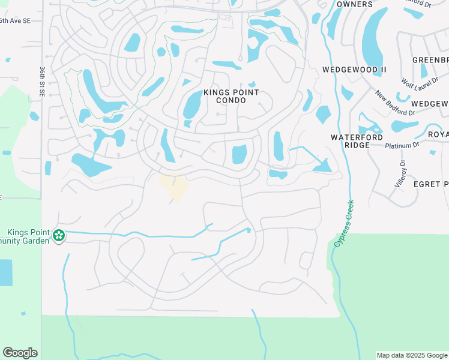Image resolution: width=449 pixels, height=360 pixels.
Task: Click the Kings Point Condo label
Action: [231, 96]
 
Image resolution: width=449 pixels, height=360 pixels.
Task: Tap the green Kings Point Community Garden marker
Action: [59, 235]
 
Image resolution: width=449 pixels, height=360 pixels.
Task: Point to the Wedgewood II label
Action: [354, 70]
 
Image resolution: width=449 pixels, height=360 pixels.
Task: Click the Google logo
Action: [20, 353]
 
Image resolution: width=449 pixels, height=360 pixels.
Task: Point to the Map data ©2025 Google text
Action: [412, 355]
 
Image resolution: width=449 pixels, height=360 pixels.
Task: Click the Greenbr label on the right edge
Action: [430, 60]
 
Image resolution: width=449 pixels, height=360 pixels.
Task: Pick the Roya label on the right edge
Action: [438, 134]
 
